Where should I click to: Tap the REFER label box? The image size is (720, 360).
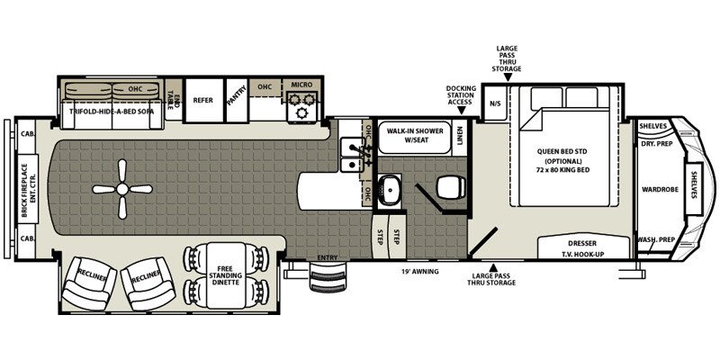click(202, 101)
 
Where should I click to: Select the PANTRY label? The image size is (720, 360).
click(238, 100)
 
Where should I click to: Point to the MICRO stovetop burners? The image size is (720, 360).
click(300, 109)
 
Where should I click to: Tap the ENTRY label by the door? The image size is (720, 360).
click(328, 259)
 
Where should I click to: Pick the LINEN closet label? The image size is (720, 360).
click(461, 137)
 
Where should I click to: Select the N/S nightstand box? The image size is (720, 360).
click(494, 103)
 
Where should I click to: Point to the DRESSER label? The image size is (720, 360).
click(582, 243)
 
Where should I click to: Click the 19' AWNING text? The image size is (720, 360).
click(419, 271)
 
